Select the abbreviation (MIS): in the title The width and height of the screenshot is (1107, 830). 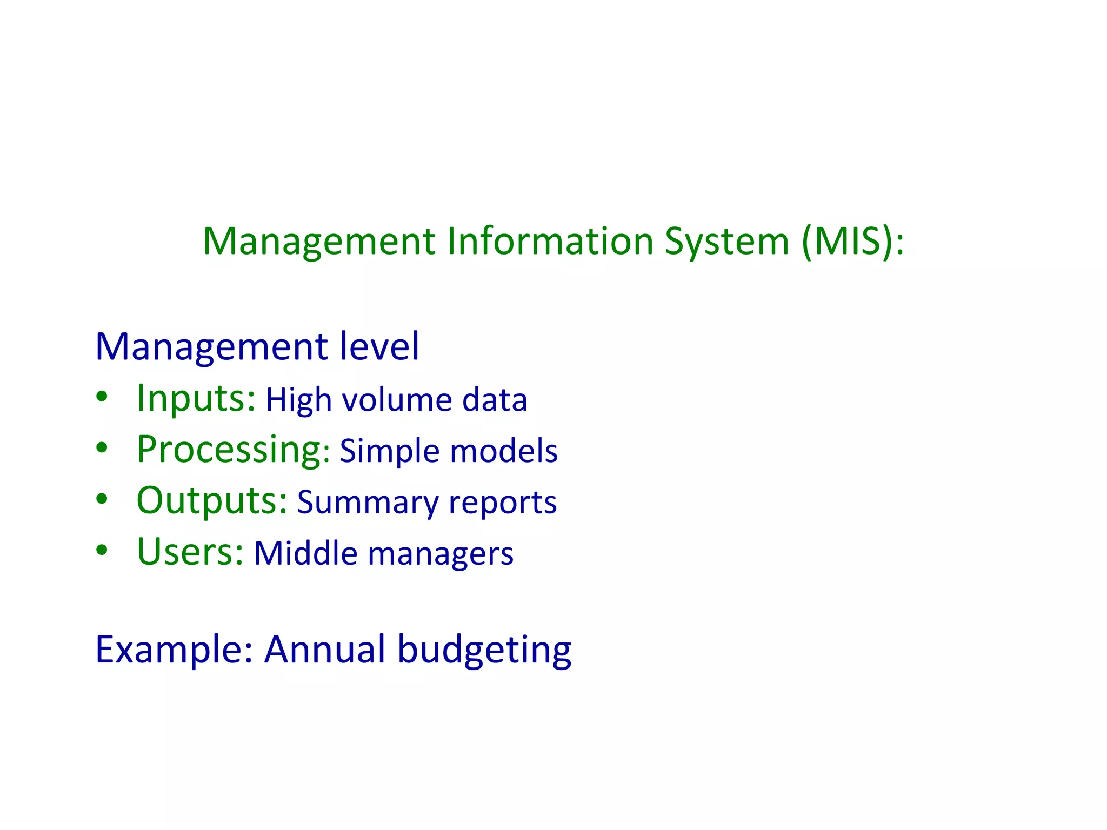click(852, 241)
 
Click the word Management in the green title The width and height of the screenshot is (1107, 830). click(319, 241)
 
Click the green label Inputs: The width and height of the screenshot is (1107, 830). click(196, 398)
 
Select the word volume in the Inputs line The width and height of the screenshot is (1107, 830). click(397, 400)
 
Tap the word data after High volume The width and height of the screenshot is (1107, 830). click(495, 400)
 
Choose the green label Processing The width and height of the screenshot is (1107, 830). click(229, 450)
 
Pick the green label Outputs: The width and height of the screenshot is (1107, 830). click(211, 500)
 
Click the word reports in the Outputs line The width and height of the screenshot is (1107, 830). click(503, 503)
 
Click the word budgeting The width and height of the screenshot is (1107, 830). click(484, 650)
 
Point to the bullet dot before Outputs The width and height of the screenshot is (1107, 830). click(102, 499)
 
